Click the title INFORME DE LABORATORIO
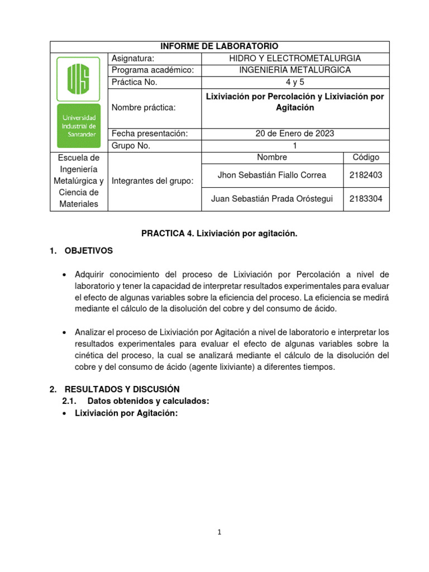[x=220, y=46]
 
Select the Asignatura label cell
[x=133, y=58]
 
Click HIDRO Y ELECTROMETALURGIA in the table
[x=295, y=58]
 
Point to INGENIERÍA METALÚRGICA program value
[x=295, y=70]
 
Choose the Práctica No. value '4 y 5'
[x=295, y=82]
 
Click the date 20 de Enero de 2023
[x=295, y=134]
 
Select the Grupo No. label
[x=131, y=146]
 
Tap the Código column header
[x=365, y=158]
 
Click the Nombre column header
[x=271, y=158]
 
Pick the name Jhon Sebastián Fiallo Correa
[x=271, y=175]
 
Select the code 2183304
[x=365, y=199]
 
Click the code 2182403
[x=365, y=175]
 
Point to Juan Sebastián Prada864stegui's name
[x=271, y=199]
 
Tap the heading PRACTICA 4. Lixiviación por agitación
[x=219, y=233]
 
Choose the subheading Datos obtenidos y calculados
[x=148, y=401]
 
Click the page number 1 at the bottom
[x=220, y=532]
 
